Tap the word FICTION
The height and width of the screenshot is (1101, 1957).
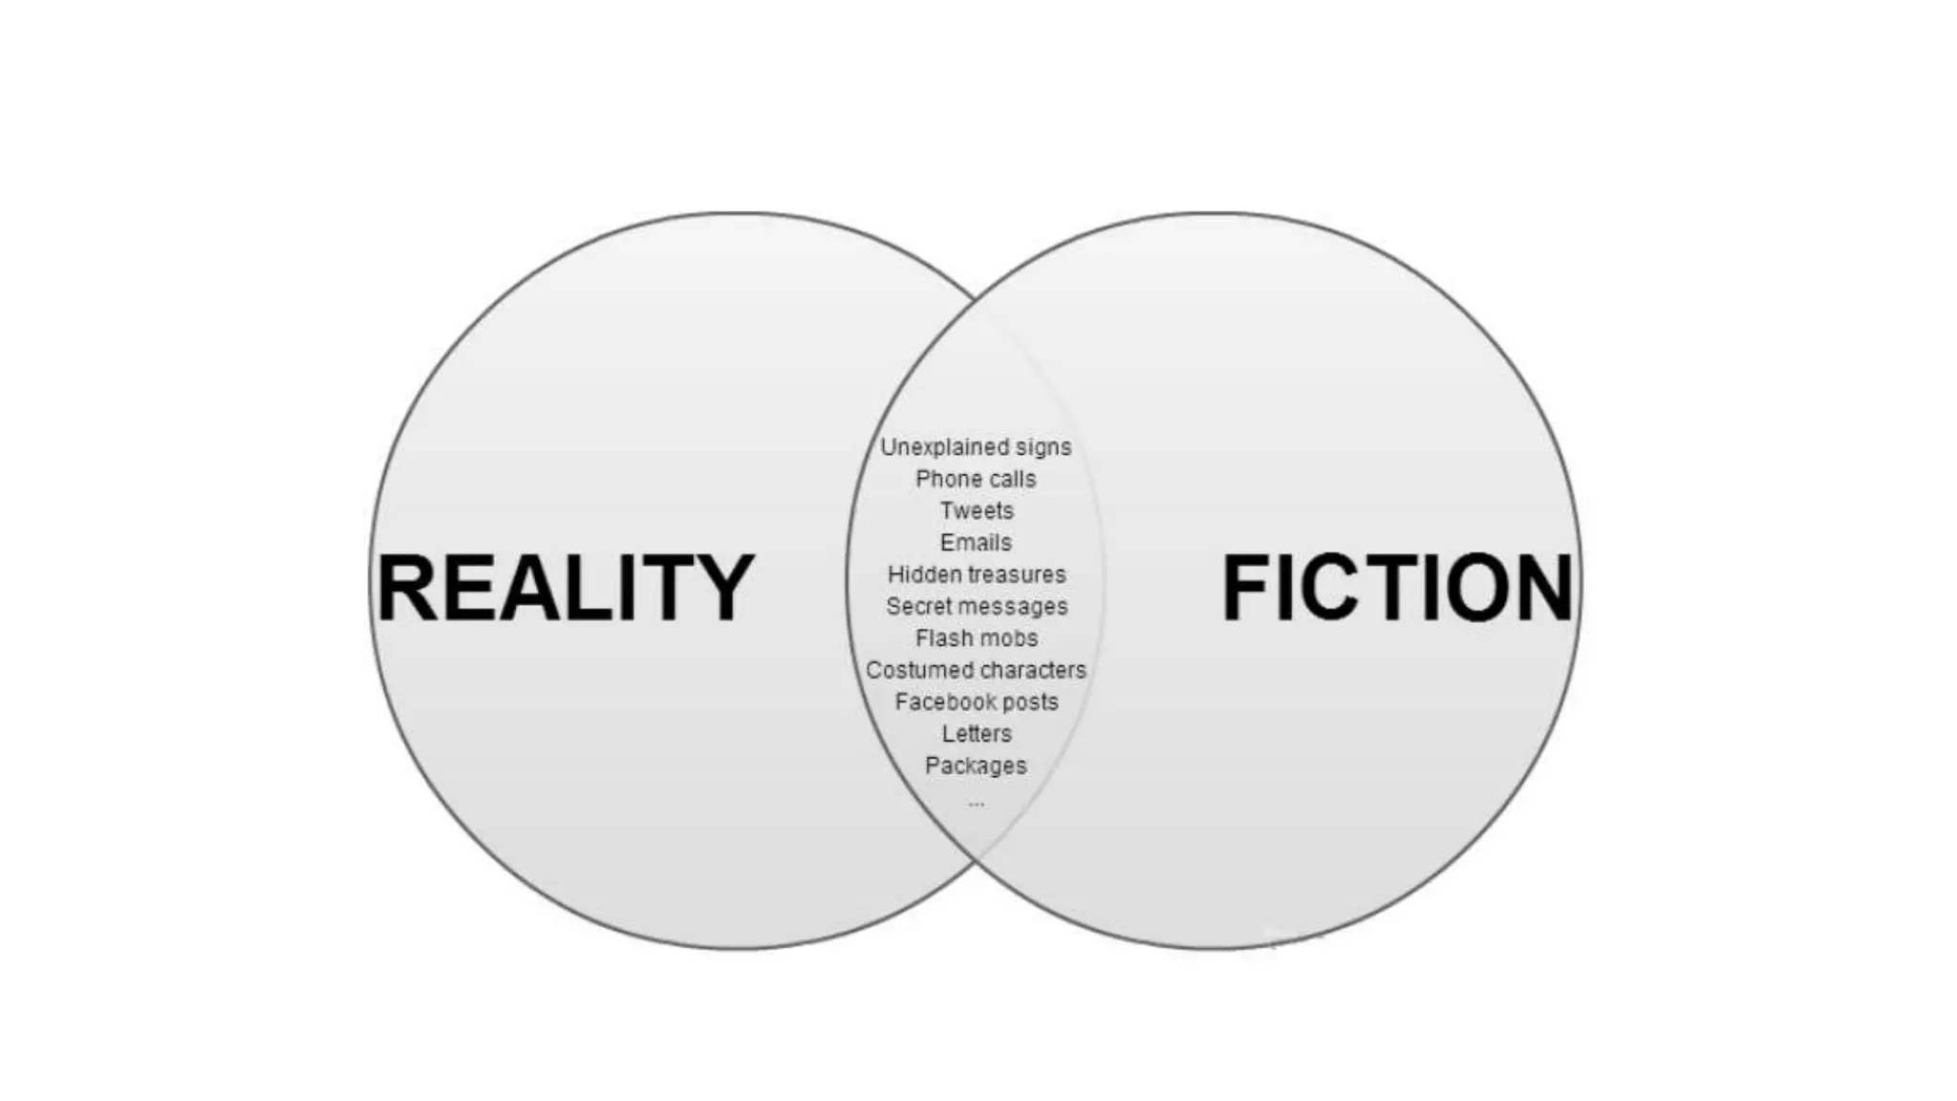(1397, 587)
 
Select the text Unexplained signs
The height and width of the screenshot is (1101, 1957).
(976, 447)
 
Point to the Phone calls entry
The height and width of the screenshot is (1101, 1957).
(976, 479)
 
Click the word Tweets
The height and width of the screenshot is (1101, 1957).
(976, 510)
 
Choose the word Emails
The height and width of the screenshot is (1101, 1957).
(976, 543)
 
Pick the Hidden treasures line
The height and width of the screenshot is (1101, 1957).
(976, 574)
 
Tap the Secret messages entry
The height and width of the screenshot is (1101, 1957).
(976, 606)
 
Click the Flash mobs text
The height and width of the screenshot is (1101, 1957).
(976, 638)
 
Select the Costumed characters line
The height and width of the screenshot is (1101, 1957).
(976, 670)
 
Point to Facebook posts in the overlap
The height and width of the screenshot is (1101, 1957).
(976, 702)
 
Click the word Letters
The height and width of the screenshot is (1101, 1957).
(976, 734)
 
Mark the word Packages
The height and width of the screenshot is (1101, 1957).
(976, 766)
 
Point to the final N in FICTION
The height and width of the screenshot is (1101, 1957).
(1541, 587)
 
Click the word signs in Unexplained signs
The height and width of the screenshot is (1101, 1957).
(1043, 447)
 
